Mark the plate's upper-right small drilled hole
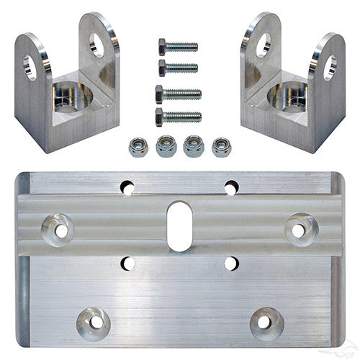point(231,188)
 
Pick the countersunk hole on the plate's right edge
point(298,230)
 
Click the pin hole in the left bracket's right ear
point(96,45)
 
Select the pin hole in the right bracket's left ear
point(261,45)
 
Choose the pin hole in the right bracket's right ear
point(330,68)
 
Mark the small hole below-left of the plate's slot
point(130,264)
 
